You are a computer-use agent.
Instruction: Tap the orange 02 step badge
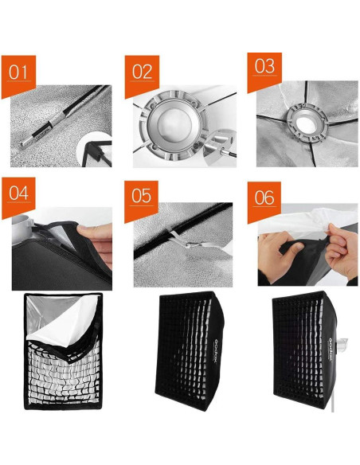tap(142, 72)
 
